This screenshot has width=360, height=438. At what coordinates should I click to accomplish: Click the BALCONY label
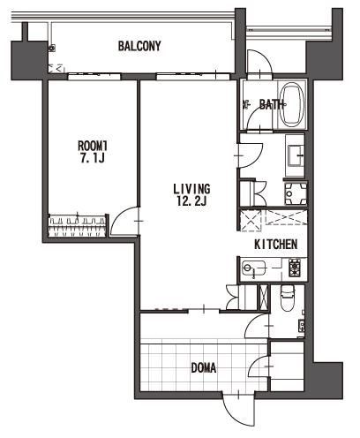point(139,46)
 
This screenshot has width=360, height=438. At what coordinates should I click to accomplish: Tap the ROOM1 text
point(93,146)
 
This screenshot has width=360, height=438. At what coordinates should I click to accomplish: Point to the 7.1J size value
point(93,159)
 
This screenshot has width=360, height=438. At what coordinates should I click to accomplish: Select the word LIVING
point(191,189)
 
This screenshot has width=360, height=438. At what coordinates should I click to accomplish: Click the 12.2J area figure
point(191,201)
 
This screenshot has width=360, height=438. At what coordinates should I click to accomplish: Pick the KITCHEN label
point(275,245)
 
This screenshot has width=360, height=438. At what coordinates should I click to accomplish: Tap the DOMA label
point(204,368)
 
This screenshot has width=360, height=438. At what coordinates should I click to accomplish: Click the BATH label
point(271,104)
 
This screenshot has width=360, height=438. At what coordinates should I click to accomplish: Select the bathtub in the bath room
point(291,105)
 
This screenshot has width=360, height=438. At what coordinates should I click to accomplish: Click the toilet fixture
point(287,298)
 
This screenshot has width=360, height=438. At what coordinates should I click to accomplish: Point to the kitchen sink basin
point(253,268)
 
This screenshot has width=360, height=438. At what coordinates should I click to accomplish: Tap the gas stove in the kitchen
point(295,267)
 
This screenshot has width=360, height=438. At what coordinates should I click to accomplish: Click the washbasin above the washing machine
point(295,155)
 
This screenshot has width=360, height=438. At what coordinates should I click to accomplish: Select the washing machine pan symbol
point(296,193)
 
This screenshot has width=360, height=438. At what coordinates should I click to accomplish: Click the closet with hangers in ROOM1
point(77,226)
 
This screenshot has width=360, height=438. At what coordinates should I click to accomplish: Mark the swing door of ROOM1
point(124,222)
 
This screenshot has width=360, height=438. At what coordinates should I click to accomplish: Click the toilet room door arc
point(257,326)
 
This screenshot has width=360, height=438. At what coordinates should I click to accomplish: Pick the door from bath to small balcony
point(259,62)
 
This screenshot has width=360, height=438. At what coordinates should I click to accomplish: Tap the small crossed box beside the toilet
point(264,297)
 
